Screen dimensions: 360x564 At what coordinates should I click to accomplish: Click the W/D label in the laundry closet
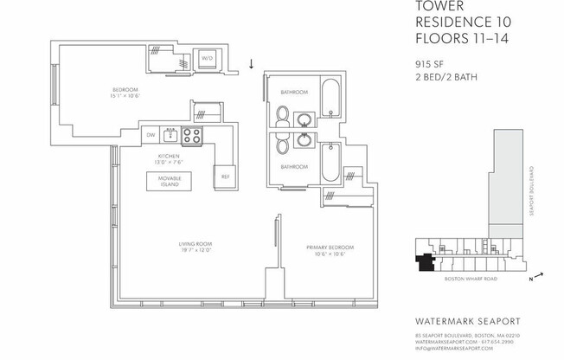[x=207, y=59]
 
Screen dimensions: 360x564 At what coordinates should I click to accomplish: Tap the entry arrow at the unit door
[x=252, y=64]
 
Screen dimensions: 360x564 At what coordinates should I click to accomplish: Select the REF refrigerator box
[x=224, y=176]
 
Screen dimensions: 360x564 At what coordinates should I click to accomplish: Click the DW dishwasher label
[x=151, y=135]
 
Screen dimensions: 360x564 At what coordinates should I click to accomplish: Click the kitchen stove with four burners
[x=191, y=135]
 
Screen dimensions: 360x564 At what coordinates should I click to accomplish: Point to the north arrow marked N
[x=539, y=277]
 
